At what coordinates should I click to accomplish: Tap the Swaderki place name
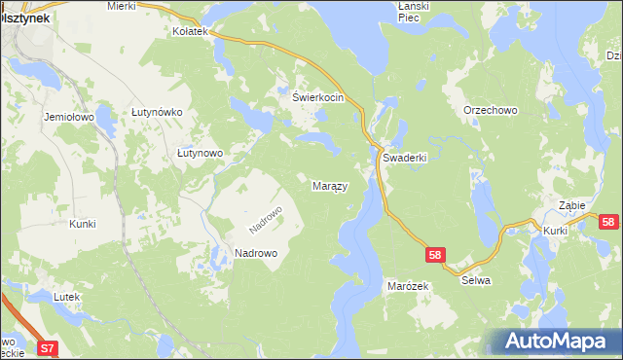click(x=405, y=157)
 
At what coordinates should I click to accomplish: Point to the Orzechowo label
click(x=491, y=110)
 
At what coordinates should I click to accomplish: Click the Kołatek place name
click(x=191, y=32)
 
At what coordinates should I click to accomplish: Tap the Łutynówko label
click(x=158, y=112)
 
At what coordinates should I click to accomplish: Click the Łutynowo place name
click(x=201, y=153)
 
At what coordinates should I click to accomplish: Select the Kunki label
click(x=83, y=224)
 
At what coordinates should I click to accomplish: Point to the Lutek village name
click(x=65, y=296)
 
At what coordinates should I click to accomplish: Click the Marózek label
click(x=408, y=287)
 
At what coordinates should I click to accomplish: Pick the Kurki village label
click(x=556, y=231)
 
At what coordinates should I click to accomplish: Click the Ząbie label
click(x=571, y=205)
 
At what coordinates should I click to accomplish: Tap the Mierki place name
click(x=122, y=6)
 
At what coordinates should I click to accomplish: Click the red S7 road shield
click(x=48, y=346)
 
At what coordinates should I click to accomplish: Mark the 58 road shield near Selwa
click(x=435, y=255)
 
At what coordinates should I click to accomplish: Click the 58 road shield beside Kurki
click(x=608, y=222)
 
